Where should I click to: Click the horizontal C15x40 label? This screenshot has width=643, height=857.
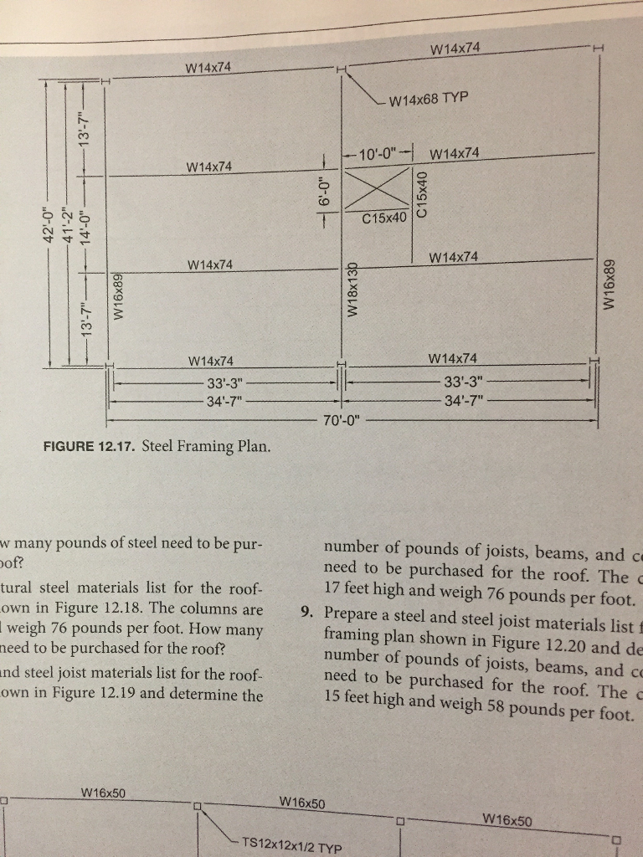click(x=385, y=218)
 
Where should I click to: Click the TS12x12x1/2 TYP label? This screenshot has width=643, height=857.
click(x=291, y=845)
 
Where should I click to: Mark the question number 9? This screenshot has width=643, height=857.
click(x=306, y=610)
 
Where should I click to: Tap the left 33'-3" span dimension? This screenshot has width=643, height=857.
click(x=224, y=382)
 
